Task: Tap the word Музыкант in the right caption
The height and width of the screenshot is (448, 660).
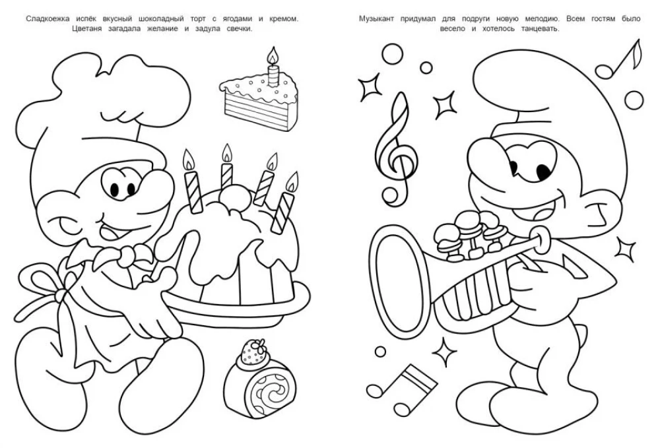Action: (x=377, y=19)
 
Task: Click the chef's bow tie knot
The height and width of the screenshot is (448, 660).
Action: (x=125, y=255)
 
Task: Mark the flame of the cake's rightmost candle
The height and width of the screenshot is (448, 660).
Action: (x=291, y=181)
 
